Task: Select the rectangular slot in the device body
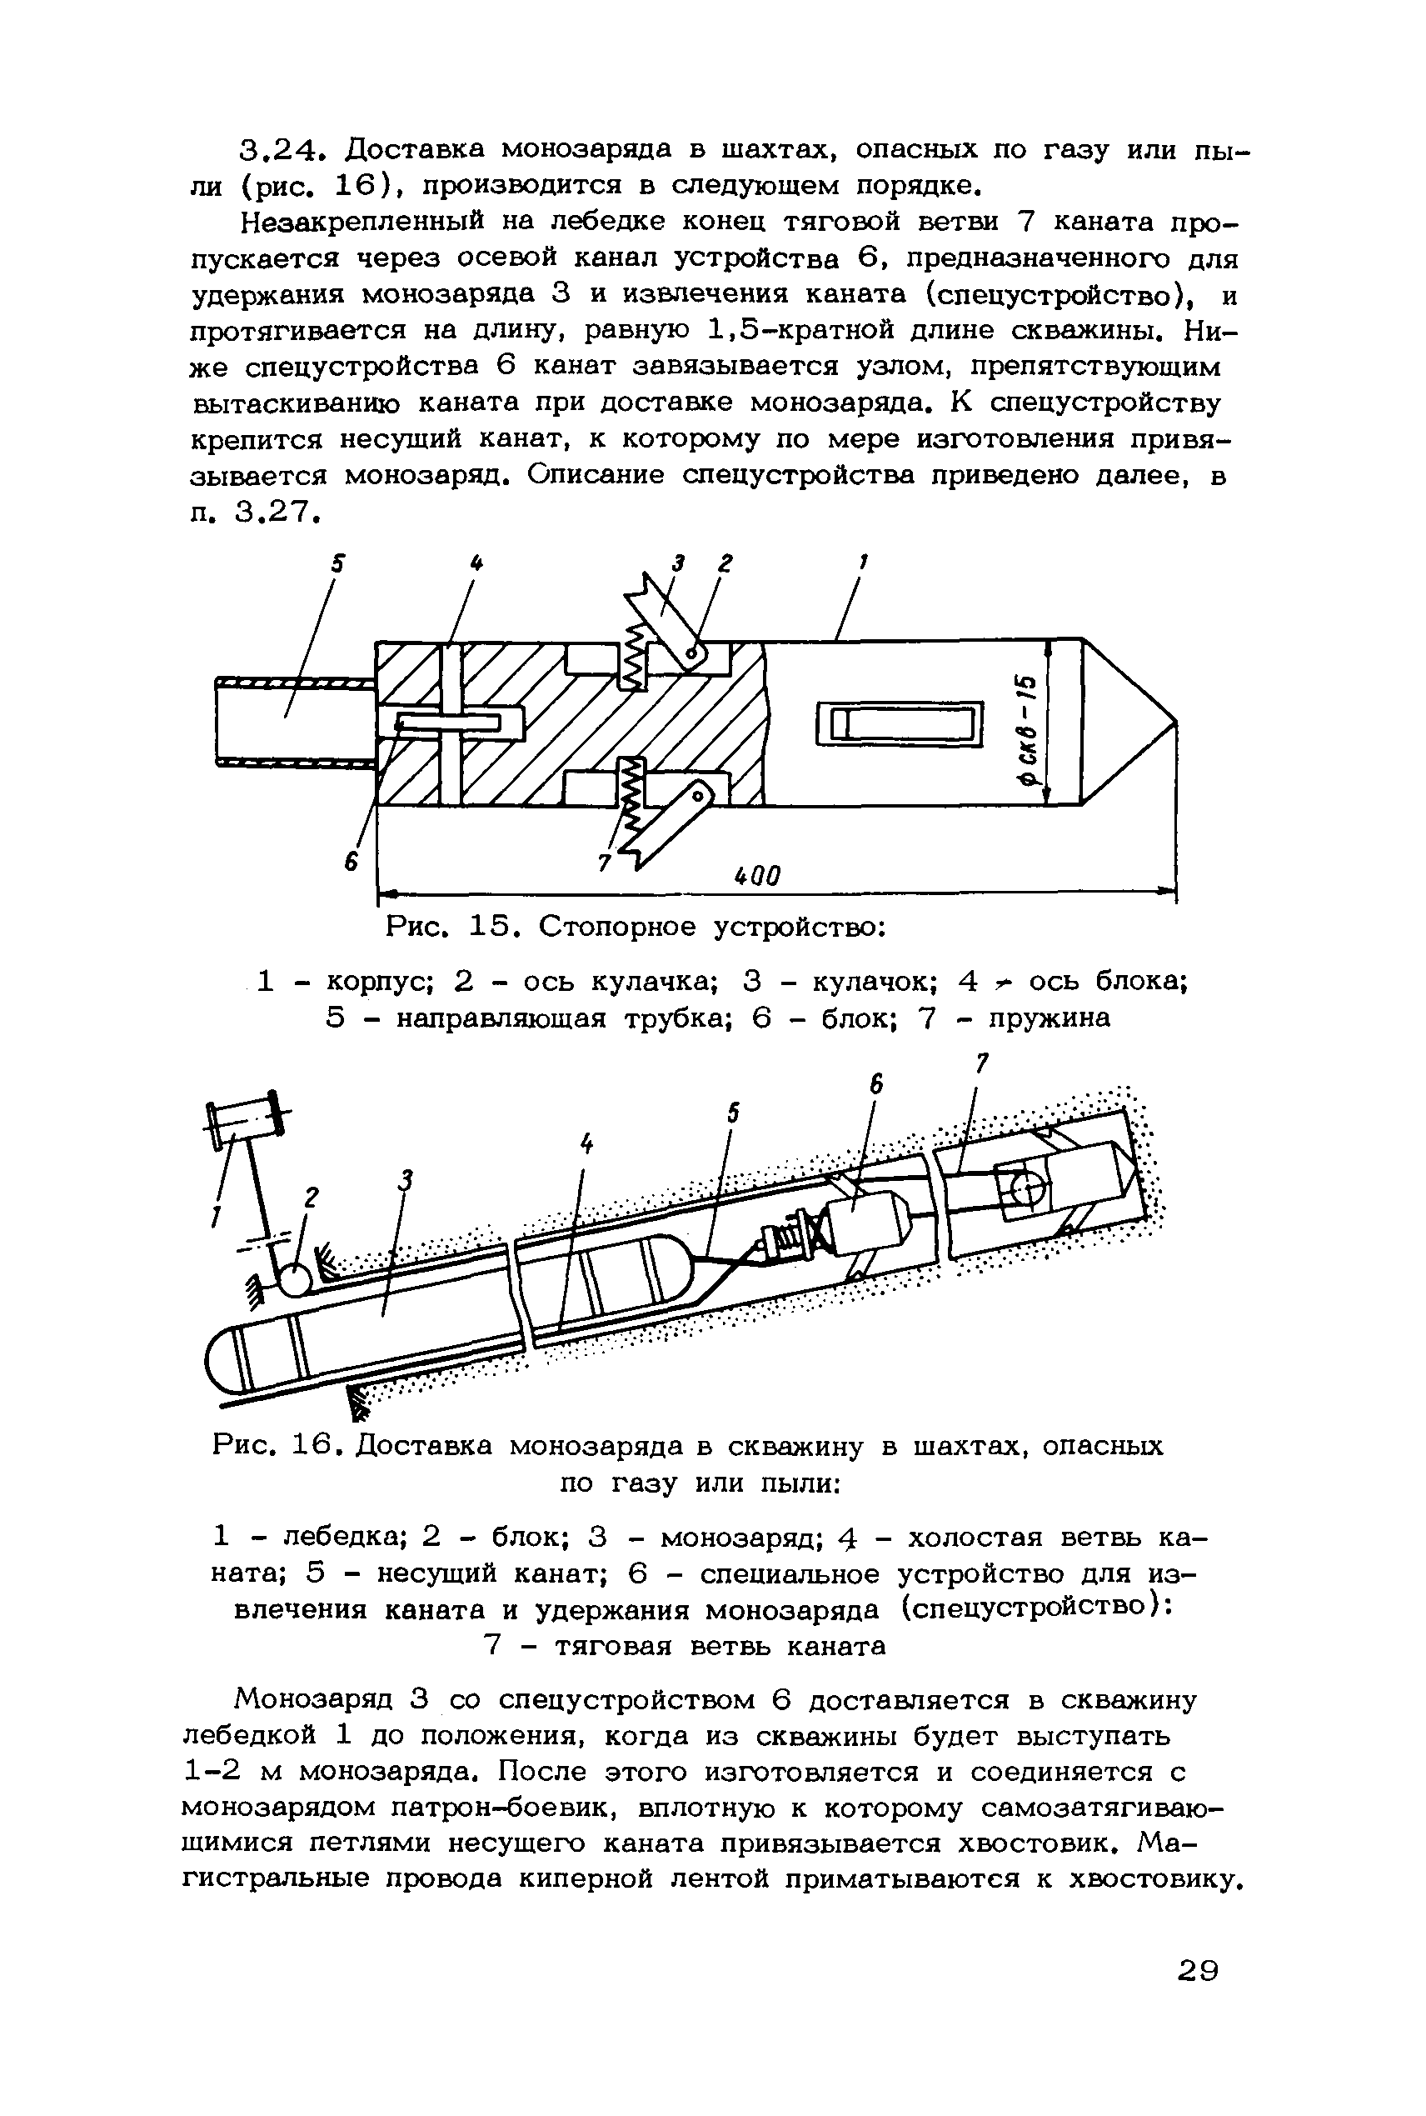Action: tap(900, 724)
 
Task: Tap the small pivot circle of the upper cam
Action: tap(695, 654)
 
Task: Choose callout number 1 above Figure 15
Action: tap(863, 564)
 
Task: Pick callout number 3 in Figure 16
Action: tap(406, 1181)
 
